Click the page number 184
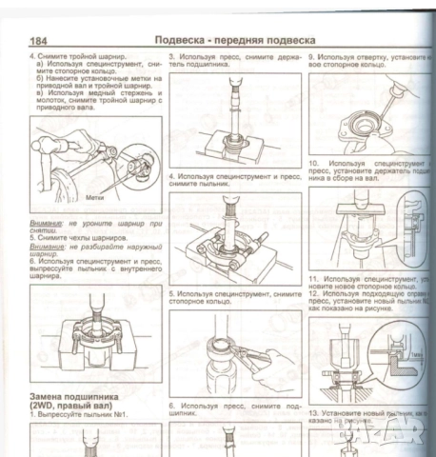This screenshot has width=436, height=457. (41, 42)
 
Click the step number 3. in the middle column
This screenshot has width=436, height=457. (172, 58)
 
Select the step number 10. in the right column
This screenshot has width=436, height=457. (314, 164)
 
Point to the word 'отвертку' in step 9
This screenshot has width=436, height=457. (377, 58)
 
